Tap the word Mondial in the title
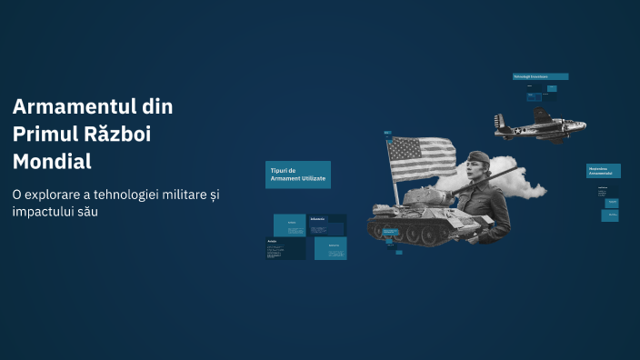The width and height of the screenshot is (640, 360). [x=53, y=163]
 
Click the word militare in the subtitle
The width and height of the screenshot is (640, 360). [x=174, y=195]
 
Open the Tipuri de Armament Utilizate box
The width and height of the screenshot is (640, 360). [x=297, y=174]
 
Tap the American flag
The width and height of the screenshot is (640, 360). [x=423, y=157]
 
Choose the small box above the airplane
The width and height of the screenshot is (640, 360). [x=540, y=76]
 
